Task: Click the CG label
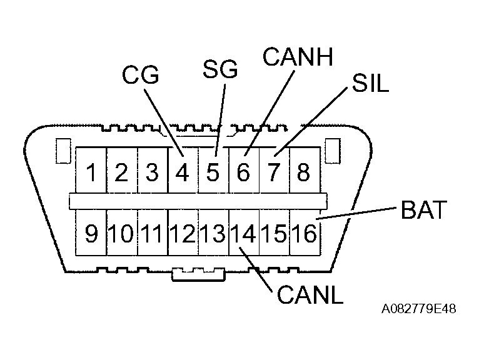[141, 76]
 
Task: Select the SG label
[220, 69]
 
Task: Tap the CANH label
[298, 57]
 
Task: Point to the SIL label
[370, 83]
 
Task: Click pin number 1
[92, 172]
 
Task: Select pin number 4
[183, 172]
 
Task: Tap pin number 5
[213, 172]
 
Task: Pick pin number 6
[243, 172]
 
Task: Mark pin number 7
[273, 172]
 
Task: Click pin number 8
[303, 172]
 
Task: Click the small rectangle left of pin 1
[61, 151]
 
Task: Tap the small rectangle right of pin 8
[333, 151]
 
